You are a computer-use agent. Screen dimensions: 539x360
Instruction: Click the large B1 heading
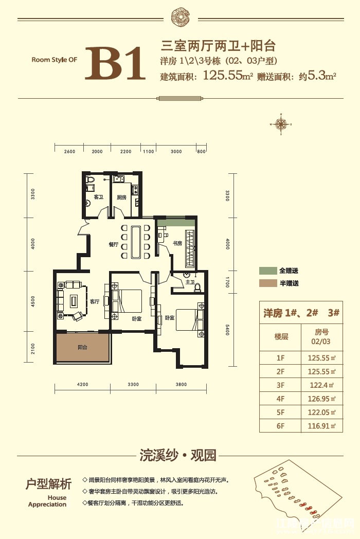(118, 64)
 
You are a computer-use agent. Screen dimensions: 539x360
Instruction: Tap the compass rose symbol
(281, 124)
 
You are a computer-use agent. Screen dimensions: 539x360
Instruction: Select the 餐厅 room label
(114, 245)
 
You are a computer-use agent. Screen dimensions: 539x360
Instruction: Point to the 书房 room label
(177, 243)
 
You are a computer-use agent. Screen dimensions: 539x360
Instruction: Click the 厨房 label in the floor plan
(121, 197)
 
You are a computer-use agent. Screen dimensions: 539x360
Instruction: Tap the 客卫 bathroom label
(98, 197)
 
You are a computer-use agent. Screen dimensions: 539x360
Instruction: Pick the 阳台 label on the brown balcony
(82, 348)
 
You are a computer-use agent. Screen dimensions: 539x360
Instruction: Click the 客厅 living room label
(94, 302)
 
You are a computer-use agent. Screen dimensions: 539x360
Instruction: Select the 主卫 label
(189, 282)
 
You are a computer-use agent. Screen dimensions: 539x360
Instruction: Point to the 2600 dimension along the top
(70, 152)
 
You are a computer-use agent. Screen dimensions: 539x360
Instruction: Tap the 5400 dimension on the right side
(227, 330)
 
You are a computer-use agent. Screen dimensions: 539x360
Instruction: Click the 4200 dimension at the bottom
(83, 384)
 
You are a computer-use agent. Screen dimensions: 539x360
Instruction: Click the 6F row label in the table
(281, 425)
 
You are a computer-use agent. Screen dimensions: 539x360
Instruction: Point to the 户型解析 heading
(49, 484)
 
